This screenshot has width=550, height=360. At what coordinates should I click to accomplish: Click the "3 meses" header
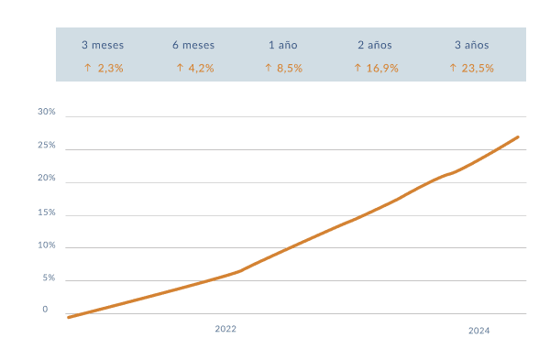click(103, 45)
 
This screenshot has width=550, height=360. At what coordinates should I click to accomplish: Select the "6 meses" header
click(192, 45)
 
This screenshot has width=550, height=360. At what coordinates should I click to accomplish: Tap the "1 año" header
click(282, 45)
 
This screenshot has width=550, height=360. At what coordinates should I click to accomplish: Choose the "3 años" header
click(472, 45)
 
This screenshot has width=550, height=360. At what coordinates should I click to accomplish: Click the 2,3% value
click(103, 68)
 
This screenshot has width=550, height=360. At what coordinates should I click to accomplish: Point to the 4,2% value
click(193, 68)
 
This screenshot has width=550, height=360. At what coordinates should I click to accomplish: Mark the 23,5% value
click(472, 68)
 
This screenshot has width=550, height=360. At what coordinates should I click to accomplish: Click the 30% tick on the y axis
click(47, 112)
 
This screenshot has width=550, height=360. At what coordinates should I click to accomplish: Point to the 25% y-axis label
click(47, 146)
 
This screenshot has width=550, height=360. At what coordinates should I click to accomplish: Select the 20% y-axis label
click(47, 179)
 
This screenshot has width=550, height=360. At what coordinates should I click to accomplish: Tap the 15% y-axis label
click(47, 213)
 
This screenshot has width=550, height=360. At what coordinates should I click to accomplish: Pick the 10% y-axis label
click(47, 245)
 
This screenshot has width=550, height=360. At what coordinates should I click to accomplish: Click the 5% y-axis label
click(49, 278)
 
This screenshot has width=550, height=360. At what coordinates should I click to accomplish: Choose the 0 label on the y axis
click(45, 310)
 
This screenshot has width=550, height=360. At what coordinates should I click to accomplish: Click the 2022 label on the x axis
click(225, 328)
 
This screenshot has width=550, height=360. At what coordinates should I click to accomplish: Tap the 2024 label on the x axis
click(478, 331)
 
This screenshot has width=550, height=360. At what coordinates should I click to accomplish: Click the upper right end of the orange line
click(518, 137)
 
